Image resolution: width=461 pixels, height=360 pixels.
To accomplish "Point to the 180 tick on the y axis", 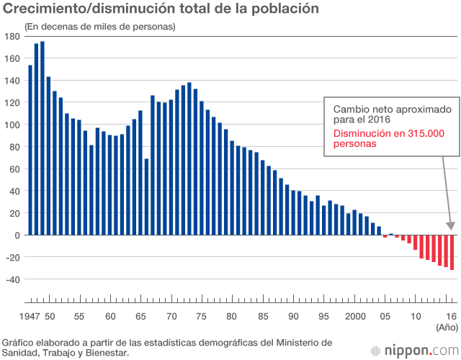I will click(12, 37).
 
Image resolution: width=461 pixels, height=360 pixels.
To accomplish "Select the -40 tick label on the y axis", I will click(12, 279).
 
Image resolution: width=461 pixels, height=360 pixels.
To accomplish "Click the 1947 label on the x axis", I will click(30, 316).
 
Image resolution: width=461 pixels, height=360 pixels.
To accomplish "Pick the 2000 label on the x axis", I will click(354, 316).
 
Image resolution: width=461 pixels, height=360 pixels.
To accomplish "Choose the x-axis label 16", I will click(452, 316).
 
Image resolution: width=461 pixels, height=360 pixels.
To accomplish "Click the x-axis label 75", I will click(202, 316).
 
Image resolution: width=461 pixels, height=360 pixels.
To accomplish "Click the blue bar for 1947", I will click(30, 150).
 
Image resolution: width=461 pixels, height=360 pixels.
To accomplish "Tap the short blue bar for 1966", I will click(147, 197).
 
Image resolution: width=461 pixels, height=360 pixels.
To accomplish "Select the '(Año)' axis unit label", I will click(447, 328).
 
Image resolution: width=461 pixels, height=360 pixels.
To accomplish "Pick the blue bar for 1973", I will click(189, 159).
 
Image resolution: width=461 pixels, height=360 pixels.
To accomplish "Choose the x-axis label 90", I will click(293, 316).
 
